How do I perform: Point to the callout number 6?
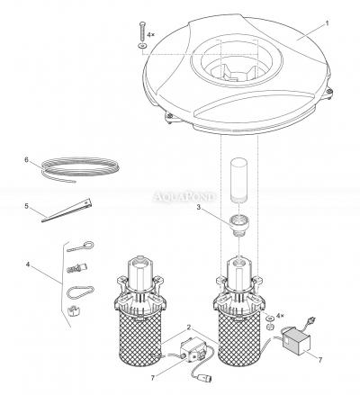point(28,160)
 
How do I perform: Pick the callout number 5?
point(28,206)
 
